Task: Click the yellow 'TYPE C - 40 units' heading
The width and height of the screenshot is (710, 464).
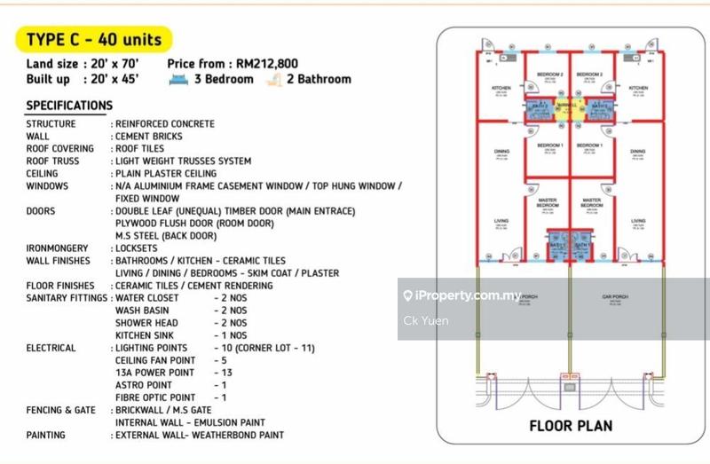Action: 92,39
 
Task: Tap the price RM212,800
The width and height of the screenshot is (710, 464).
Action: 266,64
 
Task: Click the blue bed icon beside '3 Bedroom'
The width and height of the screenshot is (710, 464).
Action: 178,79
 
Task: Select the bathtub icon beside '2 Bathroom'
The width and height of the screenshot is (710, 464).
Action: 274,79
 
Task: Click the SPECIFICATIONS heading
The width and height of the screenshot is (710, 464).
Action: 69,106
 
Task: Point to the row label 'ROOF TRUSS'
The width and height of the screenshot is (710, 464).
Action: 52,161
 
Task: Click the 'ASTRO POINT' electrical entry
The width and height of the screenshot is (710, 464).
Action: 144,385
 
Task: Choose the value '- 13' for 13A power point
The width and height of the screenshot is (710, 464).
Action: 223,373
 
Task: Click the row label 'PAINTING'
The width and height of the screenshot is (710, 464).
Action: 46,436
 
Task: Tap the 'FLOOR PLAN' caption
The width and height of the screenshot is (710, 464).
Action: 571,426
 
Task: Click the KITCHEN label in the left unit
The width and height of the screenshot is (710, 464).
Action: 501,89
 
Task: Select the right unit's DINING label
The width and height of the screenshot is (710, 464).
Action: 638,152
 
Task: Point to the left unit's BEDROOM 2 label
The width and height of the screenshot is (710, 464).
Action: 549,75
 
